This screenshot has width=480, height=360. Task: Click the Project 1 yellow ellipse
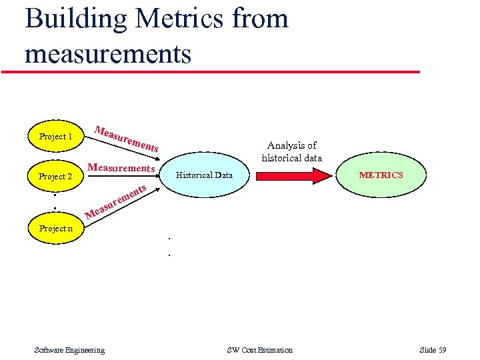tap(56, 137)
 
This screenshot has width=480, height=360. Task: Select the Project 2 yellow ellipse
tap(56, 177)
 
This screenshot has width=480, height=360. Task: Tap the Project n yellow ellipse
tap(56, 229)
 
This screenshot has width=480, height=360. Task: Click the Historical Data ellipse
tap(204, 175)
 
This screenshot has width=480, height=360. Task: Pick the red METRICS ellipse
tap(381, 175)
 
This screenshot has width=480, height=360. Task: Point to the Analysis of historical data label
tap(292, 151)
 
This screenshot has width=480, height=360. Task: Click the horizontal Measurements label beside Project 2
tap(121, 168)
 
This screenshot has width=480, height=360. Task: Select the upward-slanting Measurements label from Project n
tap(116, 201)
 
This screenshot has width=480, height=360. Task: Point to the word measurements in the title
tap(108, 53)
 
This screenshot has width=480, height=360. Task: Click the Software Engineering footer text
tap(69, 350)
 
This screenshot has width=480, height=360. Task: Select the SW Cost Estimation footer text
tap(259, 350)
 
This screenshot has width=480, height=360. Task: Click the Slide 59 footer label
tap(433, 350)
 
